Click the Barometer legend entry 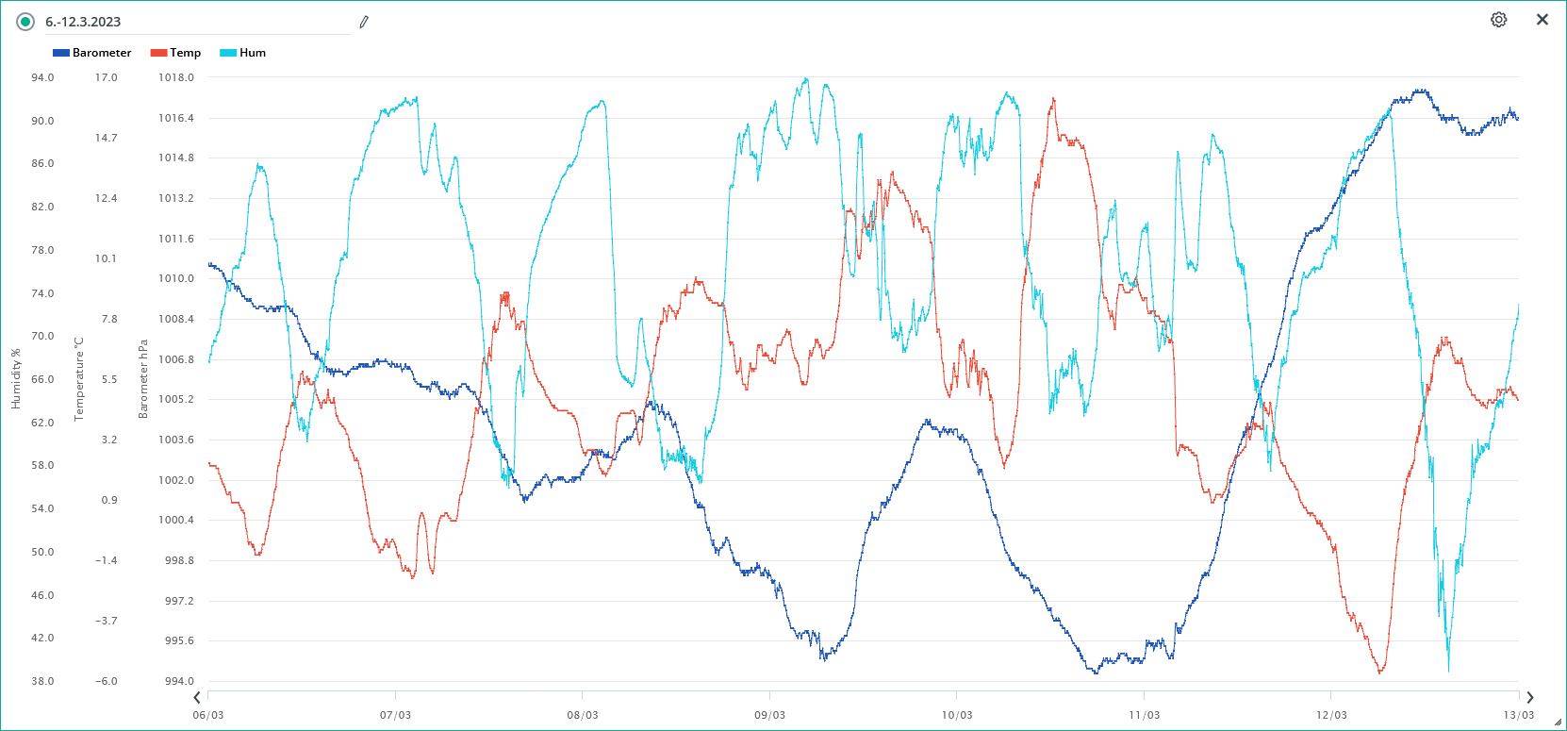point(92,53)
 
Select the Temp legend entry point(176,53)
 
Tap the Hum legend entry point(243,53)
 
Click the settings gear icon point(1498,20)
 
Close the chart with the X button point(1542,20)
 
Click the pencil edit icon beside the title point(364,22)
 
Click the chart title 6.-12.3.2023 point(83,22)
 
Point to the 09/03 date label point(769,715)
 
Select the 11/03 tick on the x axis point(1145,715)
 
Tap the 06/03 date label point(208,715)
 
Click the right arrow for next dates point(1529,698)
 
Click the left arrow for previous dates point(197,698)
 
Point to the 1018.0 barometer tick point(176,77)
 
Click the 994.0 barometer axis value point(179,681)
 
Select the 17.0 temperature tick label point(106,77)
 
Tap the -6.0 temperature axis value point(106,681)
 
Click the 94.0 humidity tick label point(42,77)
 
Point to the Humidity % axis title point(15,378)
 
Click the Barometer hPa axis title point(143,378)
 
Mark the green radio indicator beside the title point(25,22)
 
